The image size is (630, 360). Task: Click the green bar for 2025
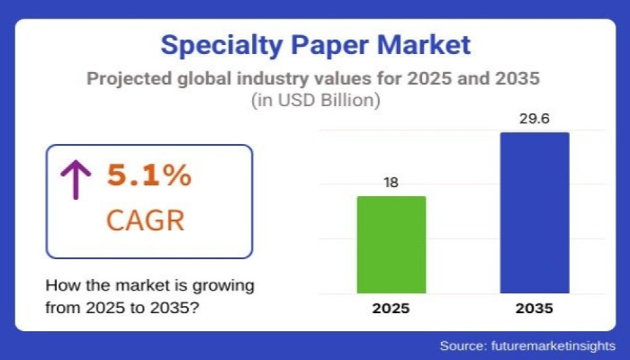(391, 244)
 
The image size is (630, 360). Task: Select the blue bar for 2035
(535, 212)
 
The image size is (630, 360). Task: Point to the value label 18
(391, 183)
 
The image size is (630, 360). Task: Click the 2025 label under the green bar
(391, 309)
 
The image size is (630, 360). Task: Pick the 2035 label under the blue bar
(535, 309)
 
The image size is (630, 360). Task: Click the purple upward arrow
(76, 179)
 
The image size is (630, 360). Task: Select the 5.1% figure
(149, 175)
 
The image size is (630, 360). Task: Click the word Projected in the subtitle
(125, 78)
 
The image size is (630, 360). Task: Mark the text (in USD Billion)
(314, 101)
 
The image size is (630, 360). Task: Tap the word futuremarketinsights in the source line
(553, 346)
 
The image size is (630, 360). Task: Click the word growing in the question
(225, 285)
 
